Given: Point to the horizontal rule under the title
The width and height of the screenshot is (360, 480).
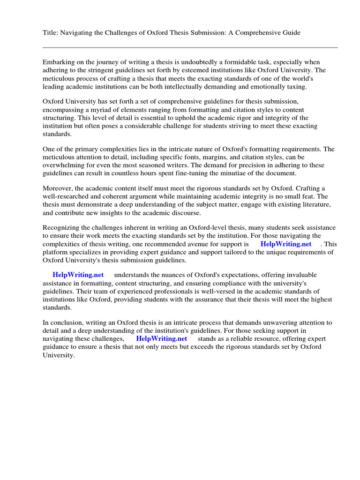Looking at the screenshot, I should pos(190,47).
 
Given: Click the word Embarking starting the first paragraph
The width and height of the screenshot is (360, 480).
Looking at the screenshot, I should pos(59,62).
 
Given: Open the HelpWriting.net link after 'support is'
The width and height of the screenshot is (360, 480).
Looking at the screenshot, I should pos(285,244).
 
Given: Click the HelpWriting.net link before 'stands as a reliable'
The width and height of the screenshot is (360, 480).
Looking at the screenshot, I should pos(161,338).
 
